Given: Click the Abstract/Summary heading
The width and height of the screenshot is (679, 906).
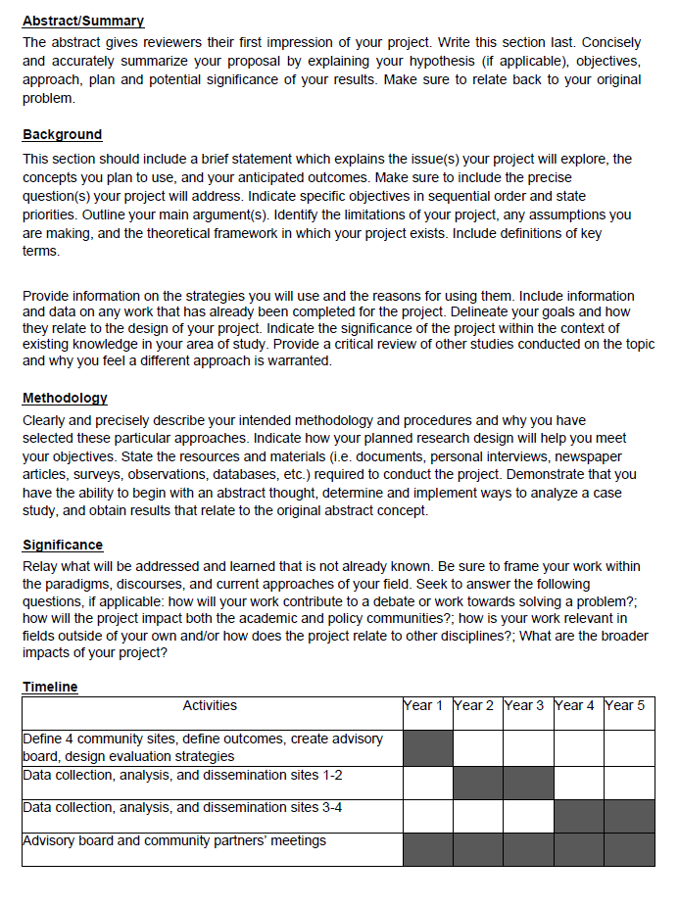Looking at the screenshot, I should click(83, 21).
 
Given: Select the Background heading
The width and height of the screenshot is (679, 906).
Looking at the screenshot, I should click(62, 134).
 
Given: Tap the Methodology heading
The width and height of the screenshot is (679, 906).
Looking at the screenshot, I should click(65, 398).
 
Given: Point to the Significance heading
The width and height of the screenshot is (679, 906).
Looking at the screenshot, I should click(62, 545).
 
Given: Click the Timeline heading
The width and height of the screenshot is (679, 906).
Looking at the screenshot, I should click(50, 687).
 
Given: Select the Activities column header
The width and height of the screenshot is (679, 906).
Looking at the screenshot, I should click(210, 705).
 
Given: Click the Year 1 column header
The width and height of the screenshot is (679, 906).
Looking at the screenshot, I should click(427, 705).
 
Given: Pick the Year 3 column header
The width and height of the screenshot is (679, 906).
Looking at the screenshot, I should click(528, 705).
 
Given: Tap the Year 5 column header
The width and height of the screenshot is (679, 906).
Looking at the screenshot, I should click(629, 705).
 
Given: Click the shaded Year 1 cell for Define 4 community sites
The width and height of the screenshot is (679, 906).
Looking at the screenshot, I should click(427, 747).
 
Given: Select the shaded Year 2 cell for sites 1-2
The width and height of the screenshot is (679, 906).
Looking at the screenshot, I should click(478, 783).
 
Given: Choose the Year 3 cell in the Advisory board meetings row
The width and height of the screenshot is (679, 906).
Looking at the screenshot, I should click(528, 849).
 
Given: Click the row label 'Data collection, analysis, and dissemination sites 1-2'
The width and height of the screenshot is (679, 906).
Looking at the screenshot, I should click(182, 776).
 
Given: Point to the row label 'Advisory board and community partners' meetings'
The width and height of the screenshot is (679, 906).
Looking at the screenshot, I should click(174, 840).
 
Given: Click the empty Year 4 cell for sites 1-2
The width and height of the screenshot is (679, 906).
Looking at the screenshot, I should click(578, 783).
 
